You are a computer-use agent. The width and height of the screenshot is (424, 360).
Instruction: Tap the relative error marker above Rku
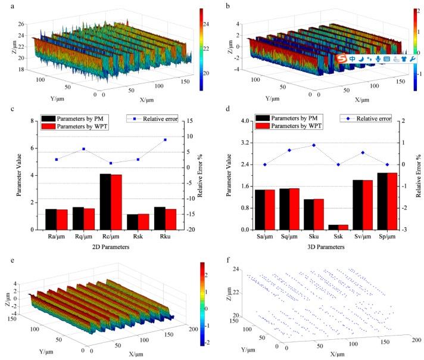(x=165, y=139)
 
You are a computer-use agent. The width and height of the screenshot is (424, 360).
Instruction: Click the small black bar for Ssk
(x=338, y=227)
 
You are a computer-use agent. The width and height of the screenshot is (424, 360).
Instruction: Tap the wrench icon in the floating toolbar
(x=412, y=58)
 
